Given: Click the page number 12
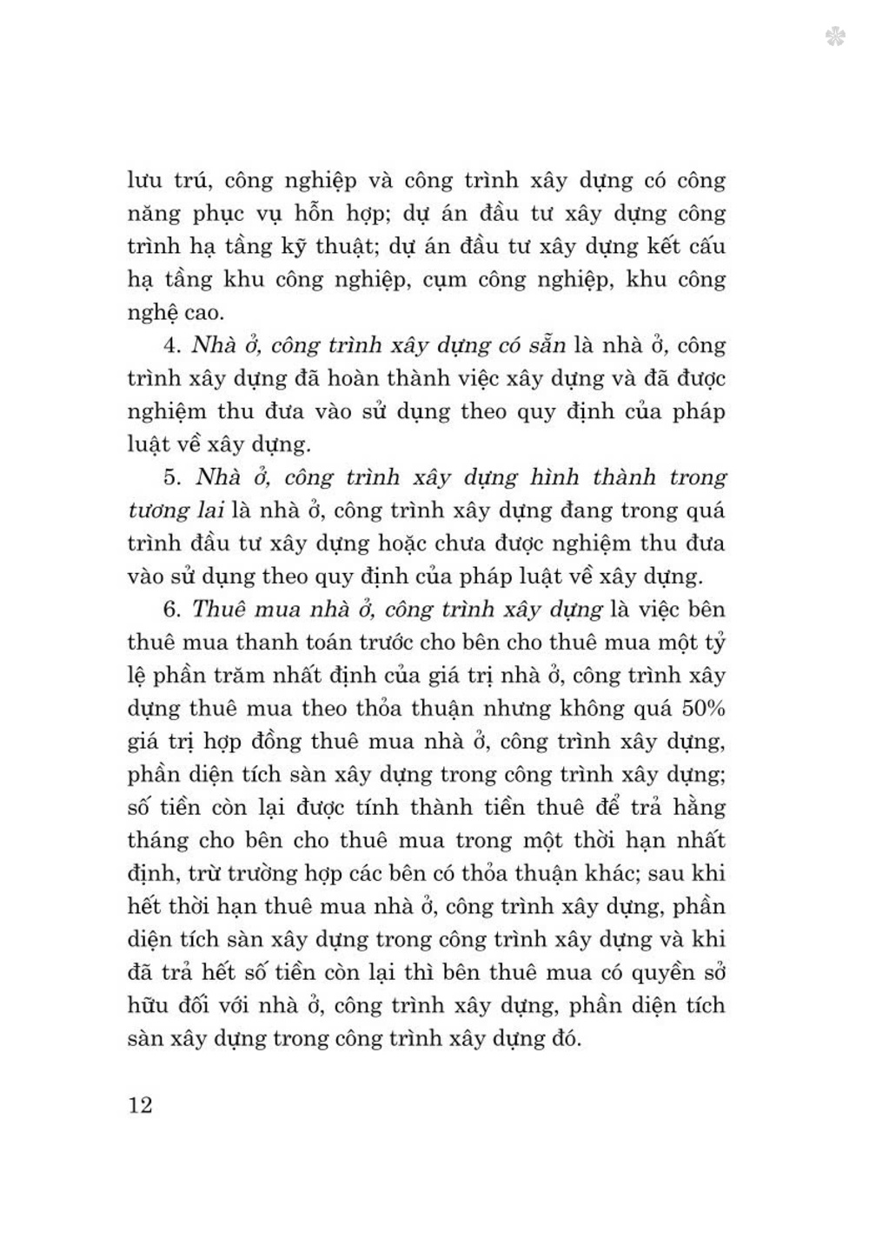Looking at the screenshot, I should click(x=140, y=1105).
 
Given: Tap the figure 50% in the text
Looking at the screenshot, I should click(x=703, y=708).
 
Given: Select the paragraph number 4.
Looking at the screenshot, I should click(x=170, y=345).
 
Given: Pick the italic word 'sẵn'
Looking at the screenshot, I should click(x=545, y=345).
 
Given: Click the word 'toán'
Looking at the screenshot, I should click(x=319, y=643).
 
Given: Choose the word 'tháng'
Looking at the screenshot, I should click(x=157, y=841).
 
